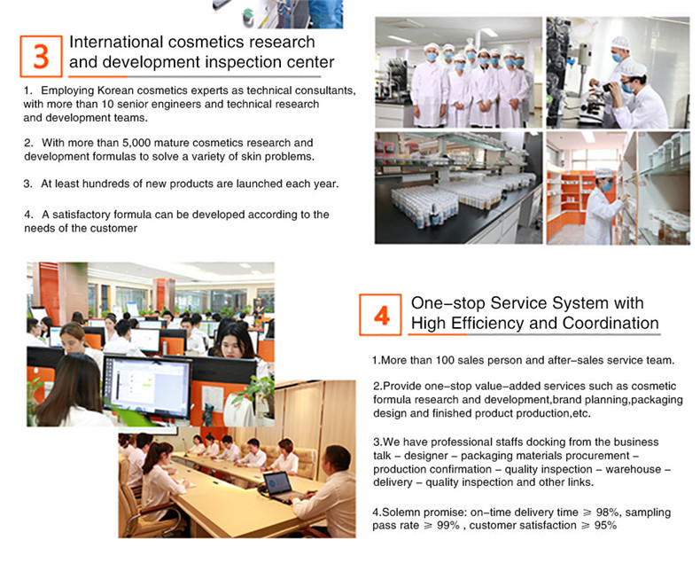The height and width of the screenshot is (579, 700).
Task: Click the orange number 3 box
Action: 41,56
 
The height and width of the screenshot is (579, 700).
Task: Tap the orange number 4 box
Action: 381,315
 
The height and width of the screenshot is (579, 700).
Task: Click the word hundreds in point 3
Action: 102,184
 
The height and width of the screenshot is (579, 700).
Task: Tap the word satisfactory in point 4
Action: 81,215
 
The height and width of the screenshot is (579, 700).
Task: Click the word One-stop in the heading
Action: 447,303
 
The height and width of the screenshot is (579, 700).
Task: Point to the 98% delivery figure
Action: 607,512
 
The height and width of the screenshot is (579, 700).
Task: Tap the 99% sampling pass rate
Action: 448,526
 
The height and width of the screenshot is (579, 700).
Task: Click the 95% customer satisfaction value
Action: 605,526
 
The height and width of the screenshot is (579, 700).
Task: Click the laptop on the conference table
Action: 279,486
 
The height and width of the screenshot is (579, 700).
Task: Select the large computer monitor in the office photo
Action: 147,387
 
